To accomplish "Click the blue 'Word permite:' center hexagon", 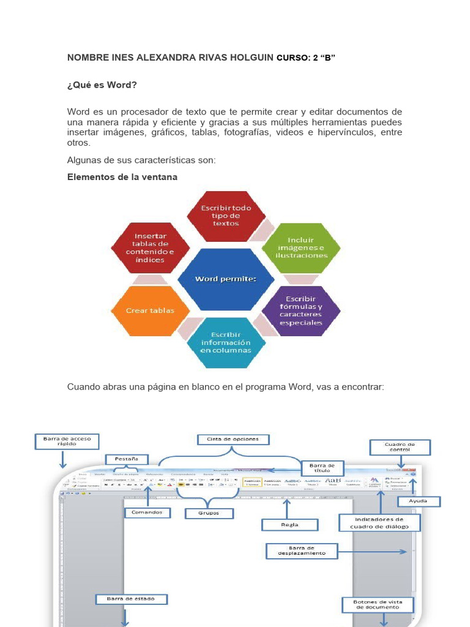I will pos(225,279).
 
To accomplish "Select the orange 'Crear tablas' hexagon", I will pos(150,310).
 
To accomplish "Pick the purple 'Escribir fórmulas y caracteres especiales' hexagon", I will pos(302,310).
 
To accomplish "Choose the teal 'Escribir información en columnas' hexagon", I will pos(226,342).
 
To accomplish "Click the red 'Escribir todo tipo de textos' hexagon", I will pos(226,216).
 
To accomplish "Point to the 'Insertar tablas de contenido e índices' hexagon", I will pos(149,247).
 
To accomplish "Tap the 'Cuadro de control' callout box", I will pos(400,446).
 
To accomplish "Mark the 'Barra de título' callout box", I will pos(323,468).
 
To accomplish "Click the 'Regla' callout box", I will pos(290,524).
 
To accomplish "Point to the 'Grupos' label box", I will pos(209,512).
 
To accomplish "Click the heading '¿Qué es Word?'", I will pos(102,84).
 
